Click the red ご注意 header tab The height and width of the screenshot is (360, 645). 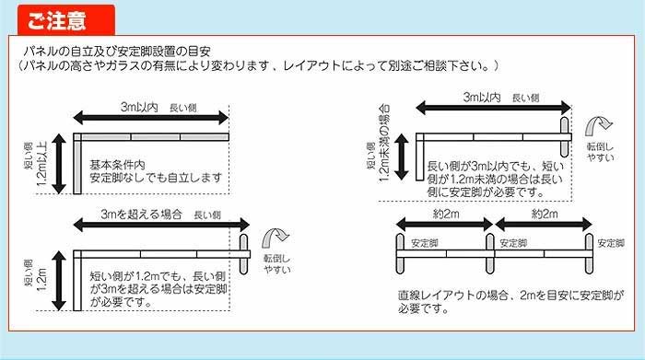coord(65,19)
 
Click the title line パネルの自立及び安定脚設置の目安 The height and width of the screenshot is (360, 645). coord(117,52)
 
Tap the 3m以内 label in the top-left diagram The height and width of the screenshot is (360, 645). coord(139,107)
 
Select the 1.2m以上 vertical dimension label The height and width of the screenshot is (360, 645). coord(42,164)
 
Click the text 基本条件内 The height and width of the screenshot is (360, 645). coord(117,165)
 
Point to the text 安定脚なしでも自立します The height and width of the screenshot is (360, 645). coord(156,178)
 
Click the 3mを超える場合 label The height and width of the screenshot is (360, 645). coord(141,215)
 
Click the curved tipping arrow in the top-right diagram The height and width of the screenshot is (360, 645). coord(599,125)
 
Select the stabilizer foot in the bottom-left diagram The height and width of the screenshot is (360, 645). coord(243,254)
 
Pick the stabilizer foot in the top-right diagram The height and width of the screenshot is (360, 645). coord(564,137)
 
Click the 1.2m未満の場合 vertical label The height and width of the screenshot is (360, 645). coord(384,143)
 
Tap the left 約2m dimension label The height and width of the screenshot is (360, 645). coord(446,215)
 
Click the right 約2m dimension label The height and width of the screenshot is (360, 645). coord(545,215)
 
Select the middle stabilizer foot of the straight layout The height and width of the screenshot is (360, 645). coord(490,253)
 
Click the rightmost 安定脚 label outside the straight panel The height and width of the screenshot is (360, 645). coord(611,243)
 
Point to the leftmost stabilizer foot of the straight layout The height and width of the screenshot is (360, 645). coord(400,253)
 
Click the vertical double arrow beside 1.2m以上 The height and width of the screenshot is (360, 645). coord(59,164)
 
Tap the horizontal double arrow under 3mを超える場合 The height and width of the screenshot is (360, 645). coord(161,225)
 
